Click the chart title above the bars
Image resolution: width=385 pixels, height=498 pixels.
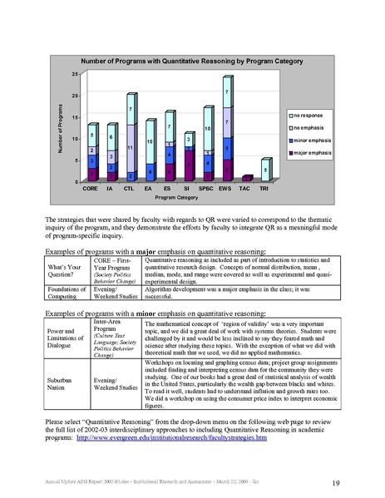click(190, 62)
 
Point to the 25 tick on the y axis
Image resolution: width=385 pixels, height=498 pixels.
click(77, 75)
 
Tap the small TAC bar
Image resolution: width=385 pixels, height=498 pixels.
click(245, 178)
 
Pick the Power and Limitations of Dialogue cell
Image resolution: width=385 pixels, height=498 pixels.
click(65, 339)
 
